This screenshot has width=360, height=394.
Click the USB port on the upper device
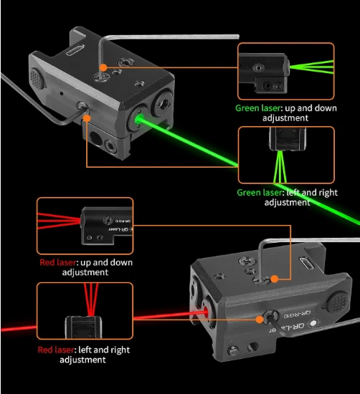coord(75,50)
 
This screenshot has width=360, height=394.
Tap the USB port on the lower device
coord(306,264)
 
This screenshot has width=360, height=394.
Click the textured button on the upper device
coord(37,78)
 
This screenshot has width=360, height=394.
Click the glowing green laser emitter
coord(138,119)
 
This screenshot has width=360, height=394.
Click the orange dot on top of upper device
coord(103,67)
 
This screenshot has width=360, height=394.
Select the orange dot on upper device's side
coord(87,118)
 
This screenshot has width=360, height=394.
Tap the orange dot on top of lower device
coord(275,279)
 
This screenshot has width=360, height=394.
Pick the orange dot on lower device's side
coord(260,319)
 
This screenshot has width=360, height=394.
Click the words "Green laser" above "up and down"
coord(257,108)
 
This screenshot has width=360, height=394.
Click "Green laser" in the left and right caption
coord(260,193)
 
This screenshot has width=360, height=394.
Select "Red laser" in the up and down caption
coord(58,263)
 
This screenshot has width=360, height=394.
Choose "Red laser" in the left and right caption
coord(56,350)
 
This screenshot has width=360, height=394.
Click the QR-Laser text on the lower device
coord(287,328)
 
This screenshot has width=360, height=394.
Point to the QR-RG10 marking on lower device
coord(297,314)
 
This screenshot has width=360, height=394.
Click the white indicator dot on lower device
coord(313,323)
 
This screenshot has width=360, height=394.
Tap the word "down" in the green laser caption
coord(326,108)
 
